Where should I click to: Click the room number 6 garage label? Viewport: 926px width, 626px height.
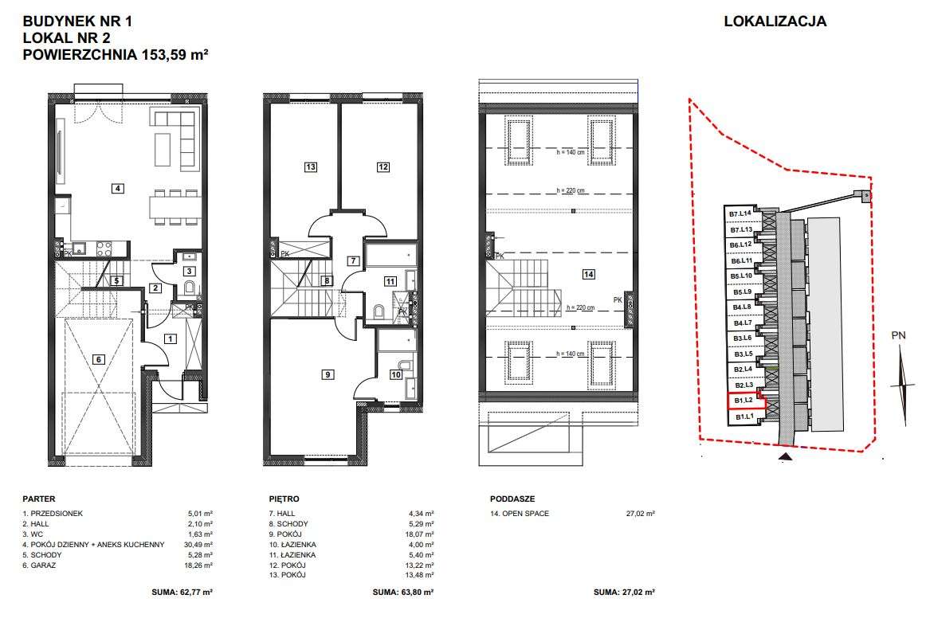[x=99, y=359]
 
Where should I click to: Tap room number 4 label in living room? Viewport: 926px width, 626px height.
[x=118, y=188]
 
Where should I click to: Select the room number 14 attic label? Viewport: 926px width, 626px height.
[x=588, y=274]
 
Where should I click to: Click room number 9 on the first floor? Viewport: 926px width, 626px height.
[x=328, y=374]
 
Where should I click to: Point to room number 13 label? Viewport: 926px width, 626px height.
[x=311, y=167]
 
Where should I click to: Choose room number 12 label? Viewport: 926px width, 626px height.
[x=383, y=167]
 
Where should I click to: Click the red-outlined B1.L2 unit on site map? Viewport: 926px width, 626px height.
[x=746, y=401]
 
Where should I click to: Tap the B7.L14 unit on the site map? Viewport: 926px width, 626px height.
[x=740, y=213]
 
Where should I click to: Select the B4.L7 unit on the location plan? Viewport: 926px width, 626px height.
[x=743, y=323]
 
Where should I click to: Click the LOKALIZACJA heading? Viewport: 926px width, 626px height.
[x=775, y=22]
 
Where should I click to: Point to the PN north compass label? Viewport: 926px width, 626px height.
[x=898, y=336]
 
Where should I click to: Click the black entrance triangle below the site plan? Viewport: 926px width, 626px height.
[x=785, y=456]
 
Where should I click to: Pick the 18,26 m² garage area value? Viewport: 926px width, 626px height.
[x=198, y=565]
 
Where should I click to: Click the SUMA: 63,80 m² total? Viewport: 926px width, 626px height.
[x=403, y=592]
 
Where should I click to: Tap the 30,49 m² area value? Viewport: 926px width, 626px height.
[x=198, y=545]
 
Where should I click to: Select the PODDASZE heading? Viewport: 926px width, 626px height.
[x=512, y=499]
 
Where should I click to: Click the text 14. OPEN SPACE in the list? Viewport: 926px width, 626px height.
[x=520, y=514]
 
